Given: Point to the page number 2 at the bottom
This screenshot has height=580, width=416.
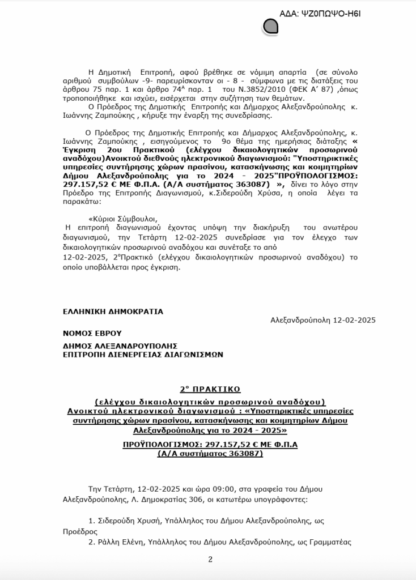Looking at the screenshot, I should pyautogui.click(x=210, y=560).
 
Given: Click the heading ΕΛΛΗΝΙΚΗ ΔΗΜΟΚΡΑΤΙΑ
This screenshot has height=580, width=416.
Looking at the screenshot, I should pyautogui.click(x=113, y=311).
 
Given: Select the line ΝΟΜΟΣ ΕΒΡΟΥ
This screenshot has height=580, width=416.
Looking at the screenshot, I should pyautogui.click(x=92, y=333).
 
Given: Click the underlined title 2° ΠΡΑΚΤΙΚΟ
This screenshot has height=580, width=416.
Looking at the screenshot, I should pyautogui.click(x=210, y=389).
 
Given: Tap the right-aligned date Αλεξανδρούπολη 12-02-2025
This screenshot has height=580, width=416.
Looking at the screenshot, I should pyautogui.click(x=323, y=320).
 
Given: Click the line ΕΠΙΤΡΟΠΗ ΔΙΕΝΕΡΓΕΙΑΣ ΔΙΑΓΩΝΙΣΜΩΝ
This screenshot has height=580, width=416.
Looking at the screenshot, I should pyautogui.click(x=143, y=355).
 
